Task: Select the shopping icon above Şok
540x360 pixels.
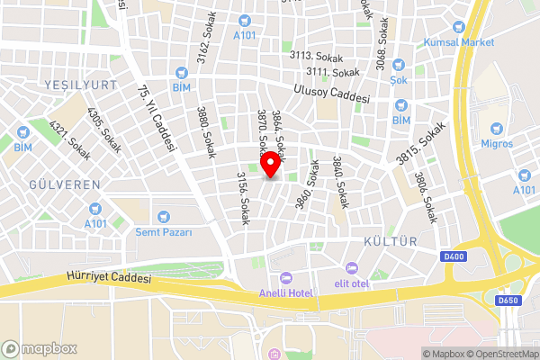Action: pyautogui.click(x=400, y=65)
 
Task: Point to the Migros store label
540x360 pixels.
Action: pyautogui.click(x=497, y=143)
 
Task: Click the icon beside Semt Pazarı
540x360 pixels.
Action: pyautogui.click(x=163, y=216)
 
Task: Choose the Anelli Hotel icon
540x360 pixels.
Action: pyautogui.click(x=286, y=276)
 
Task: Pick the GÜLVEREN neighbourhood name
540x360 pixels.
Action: pyautogui.click(x=65, y=184)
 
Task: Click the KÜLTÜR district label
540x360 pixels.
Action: pyautogui.click(x=390, y=242)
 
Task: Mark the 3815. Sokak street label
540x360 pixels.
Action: pyautogui.click(x=420, y=142)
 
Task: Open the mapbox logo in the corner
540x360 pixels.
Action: pyautogui.click(x=39, y=348)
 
